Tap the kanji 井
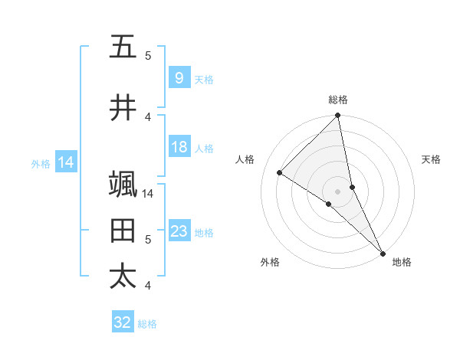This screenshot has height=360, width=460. [123, 108]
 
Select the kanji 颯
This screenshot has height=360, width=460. [123, 185]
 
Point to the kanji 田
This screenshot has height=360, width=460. [123, 231]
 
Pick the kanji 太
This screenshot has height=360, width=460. [123, 276]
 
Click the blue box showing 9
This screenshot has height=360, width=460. [179, 78]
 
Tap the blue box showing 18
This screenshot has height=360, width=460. [179, 147]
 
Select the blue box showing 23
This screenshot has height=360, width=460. [179, 231]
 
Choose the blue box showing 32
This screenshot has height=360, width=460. [123, 322]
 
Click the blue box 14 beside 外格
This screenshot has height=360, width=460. [66, 162]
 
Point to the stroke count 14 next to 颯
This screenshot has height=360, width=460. [148, 193]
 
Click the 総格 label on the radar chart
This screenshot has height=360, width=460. [338, 100]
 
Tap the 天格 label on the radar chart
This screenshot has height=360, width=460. [431, 159]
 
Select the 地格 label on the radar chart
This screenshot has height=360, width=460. [402, 262]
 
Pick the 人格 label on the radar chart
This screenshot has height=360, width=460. [245, 159]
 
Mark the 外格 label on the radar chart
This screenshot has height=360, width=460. [270, 262]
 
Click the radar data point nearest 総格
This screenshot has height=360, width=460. [338, 116]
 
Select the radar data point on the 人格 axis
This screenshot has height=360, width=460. [280, 172]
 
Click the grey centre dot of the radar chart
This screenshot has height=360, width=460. [338, 191]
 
